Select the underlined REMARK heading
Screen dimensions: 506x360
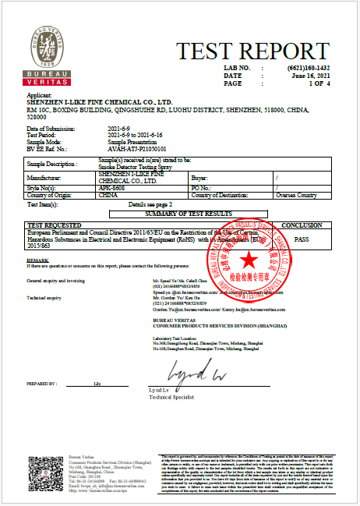38,259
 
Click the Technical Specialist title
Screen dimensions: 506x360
170,397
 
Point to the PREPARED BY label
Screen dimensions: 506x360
42,384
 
